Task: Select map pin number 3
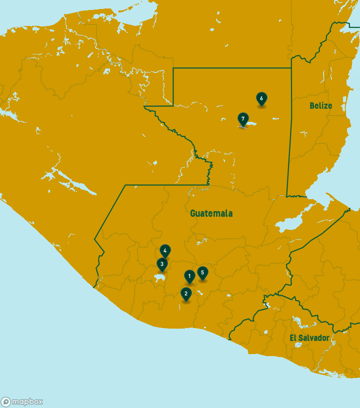162,264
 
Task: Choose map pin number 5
202,273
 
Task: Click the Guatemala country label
211,213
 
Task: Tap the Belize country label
320,105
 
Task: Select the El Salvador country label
309,338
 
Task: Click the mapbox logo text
27,402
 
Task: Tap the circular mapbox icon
6,402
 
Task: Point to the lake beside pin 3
159,277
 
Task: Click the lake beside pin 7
251,124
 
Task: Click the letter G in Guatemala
193,213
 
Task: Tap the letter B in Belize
312,105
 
